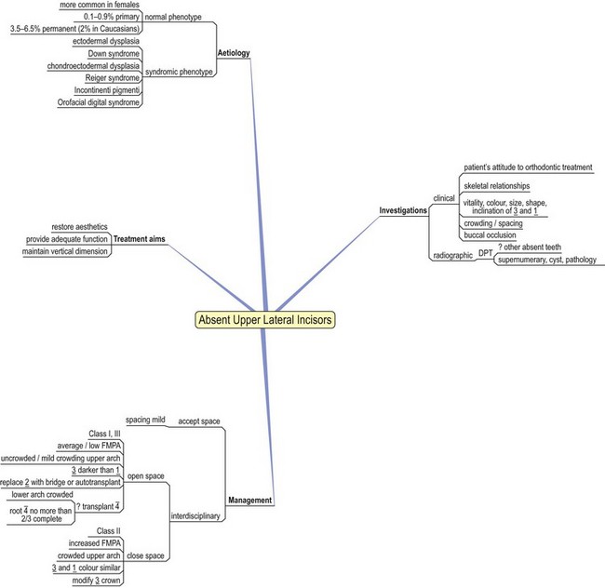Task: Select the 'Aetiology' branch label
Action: click(x=234, y=55)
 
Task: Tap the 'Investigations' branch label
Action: click(x=403, y=210)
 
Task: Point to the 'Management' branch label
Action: click(x=249, y=500)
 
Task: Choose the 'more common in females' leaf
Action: click(x=94, y=5)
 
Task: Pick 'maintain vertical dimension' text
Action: click(x=68, y=251)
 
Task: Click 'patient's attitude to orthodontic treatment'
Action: click(x=528, y=167)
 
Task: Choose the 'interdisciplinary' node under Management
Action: click(x=196, y=516)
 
